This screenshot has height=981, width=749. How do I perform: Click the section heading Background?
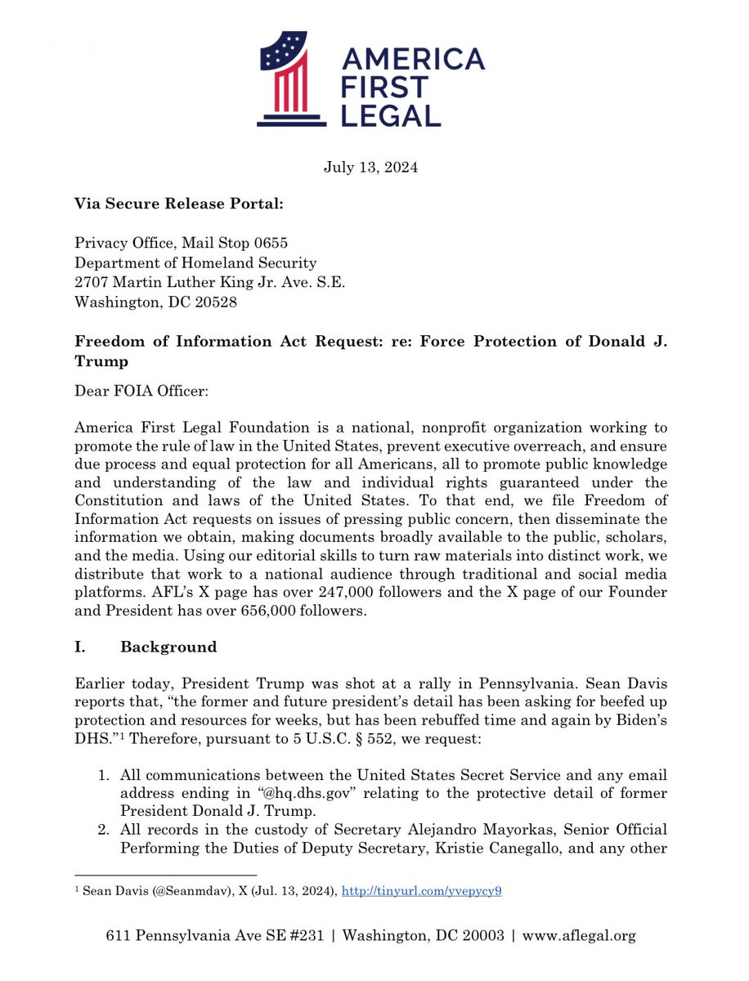[168, 647]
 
